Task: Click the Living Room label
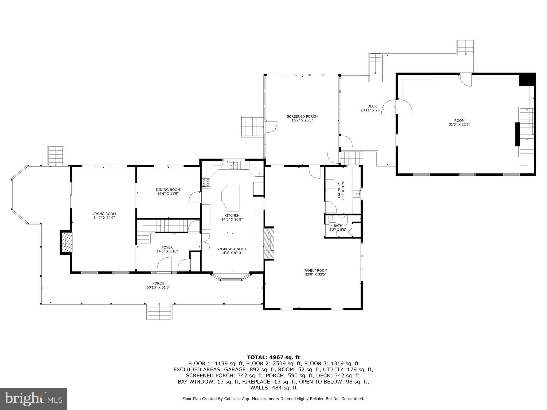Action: click(x=104, y=214)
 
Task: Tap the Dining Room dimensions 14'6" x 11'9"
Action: click(x=168, y=194)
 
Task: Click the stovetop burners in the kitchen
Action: click(x=206, y=182)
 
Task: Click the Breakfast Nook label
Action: click(x=231, y=249)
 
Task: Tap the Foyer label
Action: click(x=167, y=247)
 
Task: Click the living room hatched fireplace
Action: click(x=68, y=242)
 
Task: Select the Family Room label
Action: click(x=316, y=270)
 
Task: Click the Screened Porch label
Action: click(x=302, y=116)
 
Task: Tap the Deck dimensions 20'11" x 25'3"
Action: click(x=372, y=110)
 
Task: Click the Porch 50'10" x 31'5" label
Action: click(x=158, y=285)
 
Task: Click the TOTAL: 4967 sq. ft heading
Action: click(x=273, y=357)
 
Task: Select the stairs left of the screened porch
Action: click(x=252, y=126)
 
